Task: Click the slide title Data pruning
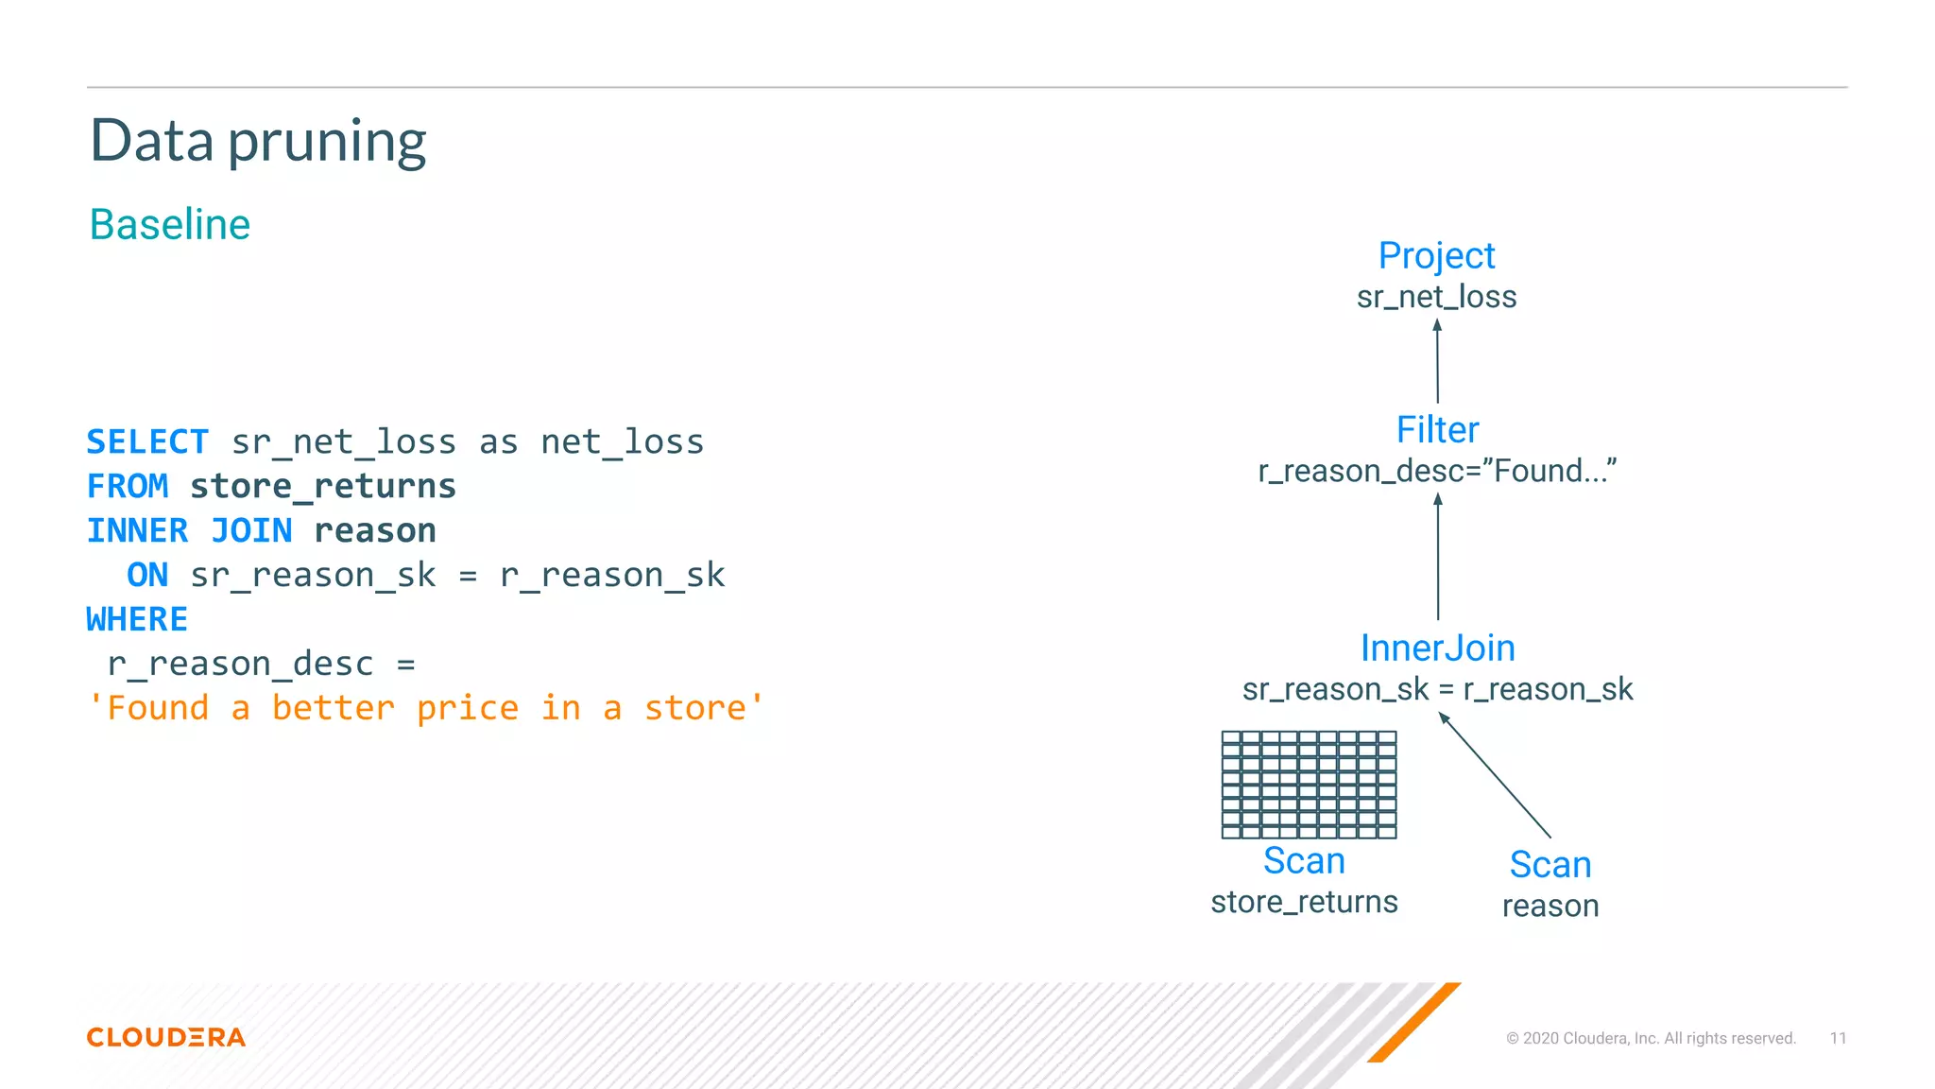[x=258, y=142]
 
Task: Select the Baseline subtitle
[x=170, y=225]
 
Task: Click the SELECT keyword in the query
[x=147, y=441]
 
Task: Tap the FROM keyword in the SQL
[x=128, y=486]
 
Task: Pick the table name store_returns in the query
[x=323, y=486]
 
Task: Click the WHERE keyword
[x=137, y=619]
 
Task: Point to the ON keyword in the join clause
[x=147, y=575]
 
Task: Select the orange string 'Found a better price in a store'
[x=425, y=708]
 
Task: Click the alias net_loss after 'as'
[x=622, y=441]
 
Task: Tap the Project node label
[x=1436, y=255]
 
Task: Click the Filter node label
[x=1437, y=430]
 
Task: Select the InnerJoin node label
[x=1437, y=648]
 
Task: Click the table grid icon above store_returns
[x=1309, y=785]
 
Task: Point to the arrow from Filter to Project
[x=1437, y=361]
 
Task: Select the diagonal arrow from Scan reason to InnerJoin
[x=1495, y=775]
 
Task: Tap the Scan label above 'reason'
[x=1550, y=864]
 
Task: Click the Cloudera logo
[x=166, y=1037]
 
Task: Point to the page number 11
[x=1838, y=1038]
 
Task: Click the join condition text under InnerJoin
[x=1437, y=689]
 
